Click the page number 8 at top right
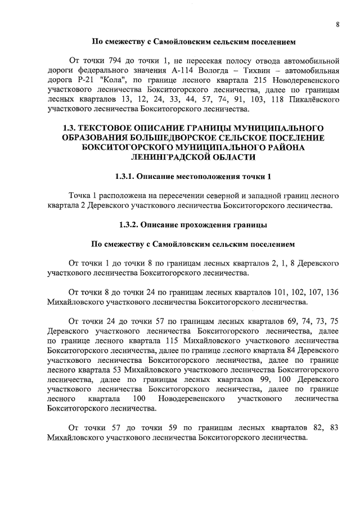pos(336,24)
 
